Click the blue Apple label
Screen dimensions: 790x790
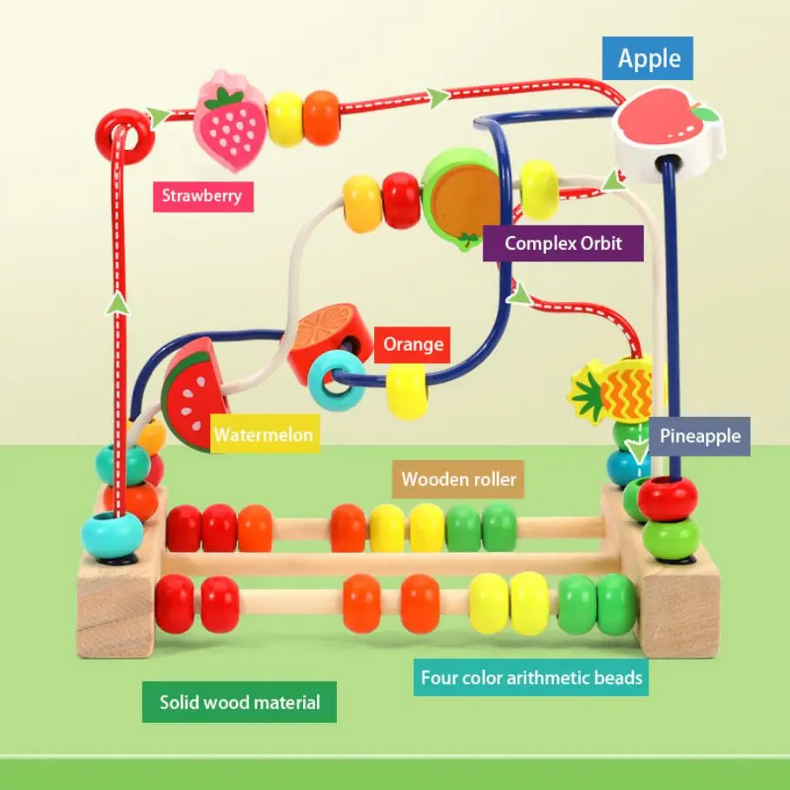(648, 59)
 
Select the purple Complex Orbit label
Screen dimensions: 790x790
(563, 243)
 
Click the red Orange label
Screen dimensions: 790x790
(412, 345)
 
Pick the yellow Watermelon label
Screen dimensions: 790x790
(264, 434)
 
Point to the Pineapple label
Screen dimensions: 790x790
(700, 435)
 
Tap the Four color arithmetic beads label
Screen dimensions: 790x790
(531, 677)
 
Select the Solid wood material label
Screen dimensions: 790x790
(240, 701)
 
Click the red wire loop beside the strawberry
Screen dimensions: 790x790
(125, 135)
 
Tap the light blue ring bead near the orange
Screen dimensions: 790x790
(337, 380)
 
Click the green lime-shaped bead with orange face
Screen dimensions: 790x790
(461, 197)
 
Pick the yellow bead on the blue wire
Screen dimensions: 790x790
(407, 391)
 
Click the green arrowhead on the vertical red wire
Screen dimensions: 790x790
(118, 302)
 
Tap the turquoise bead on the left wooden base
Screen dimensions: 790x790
(112, 535)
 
